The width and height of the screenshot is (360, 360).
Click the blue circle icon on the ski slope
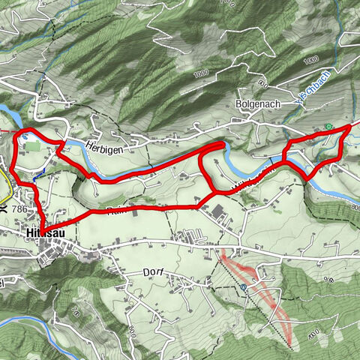(244, 286)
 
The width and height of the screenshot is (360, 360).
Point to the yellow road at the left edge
(4, 182)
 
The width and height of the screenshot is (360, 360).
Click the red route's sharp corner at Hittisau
(42, 227)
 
